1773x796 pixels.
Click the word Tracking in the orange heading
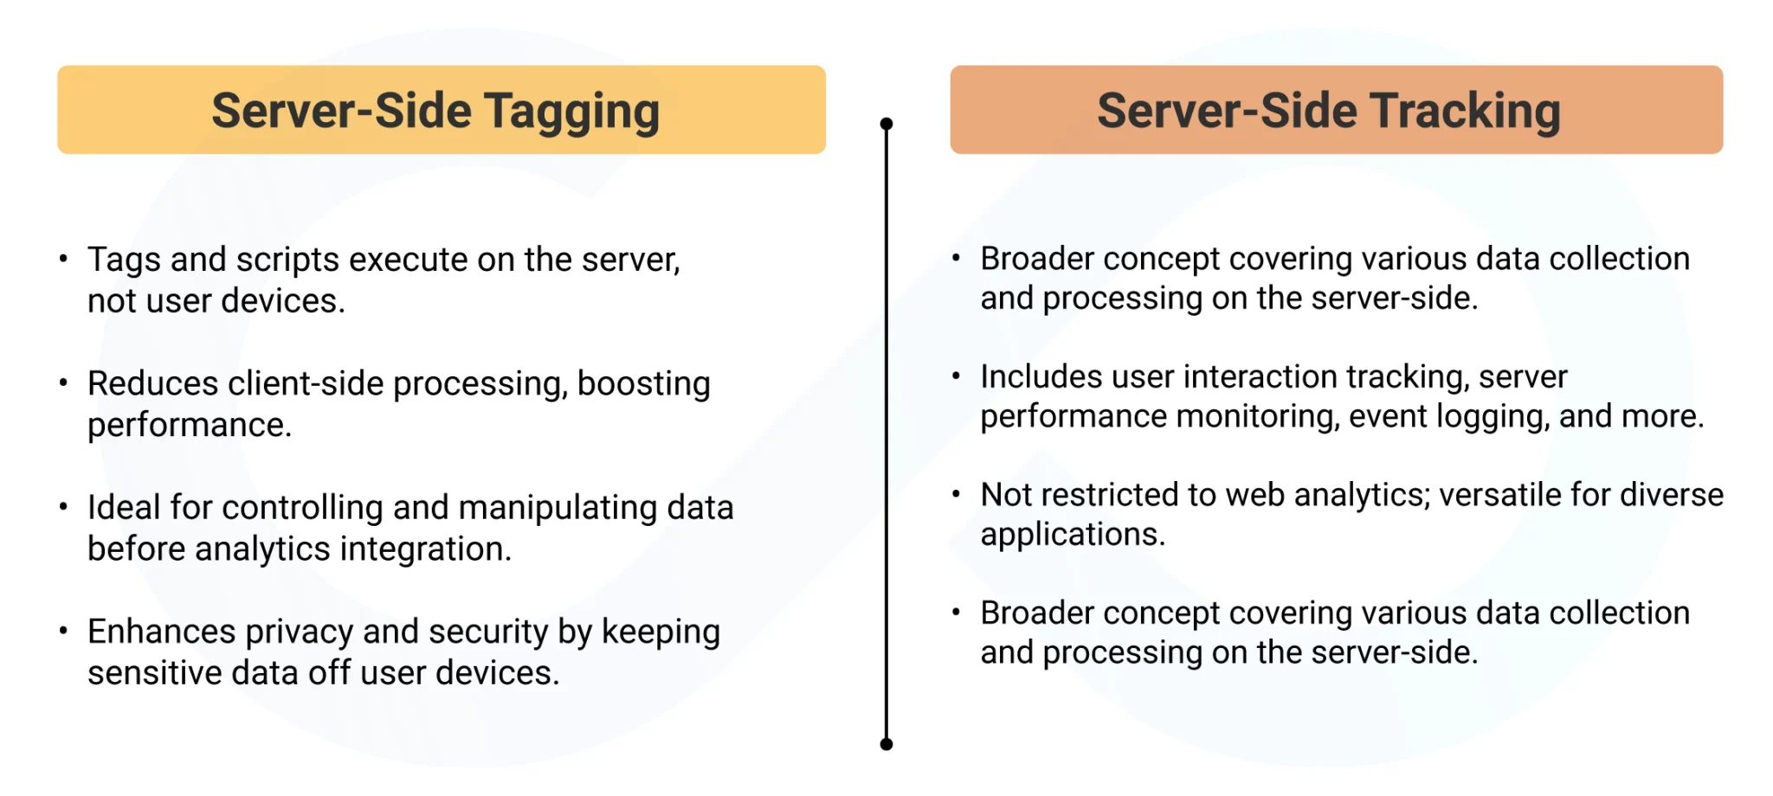[1465, 113]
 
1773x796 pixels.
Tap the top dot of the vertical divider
[886, 124]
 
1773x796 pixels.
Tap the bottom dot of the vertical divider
[886, 744]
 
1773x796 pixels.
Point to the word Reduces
[153, 383]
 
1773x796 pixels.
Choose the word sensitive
[155, 672]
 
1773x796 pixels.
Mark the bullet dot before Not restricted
[956, 494]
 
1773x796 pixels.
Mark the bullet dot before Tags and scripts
[63, 259]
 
